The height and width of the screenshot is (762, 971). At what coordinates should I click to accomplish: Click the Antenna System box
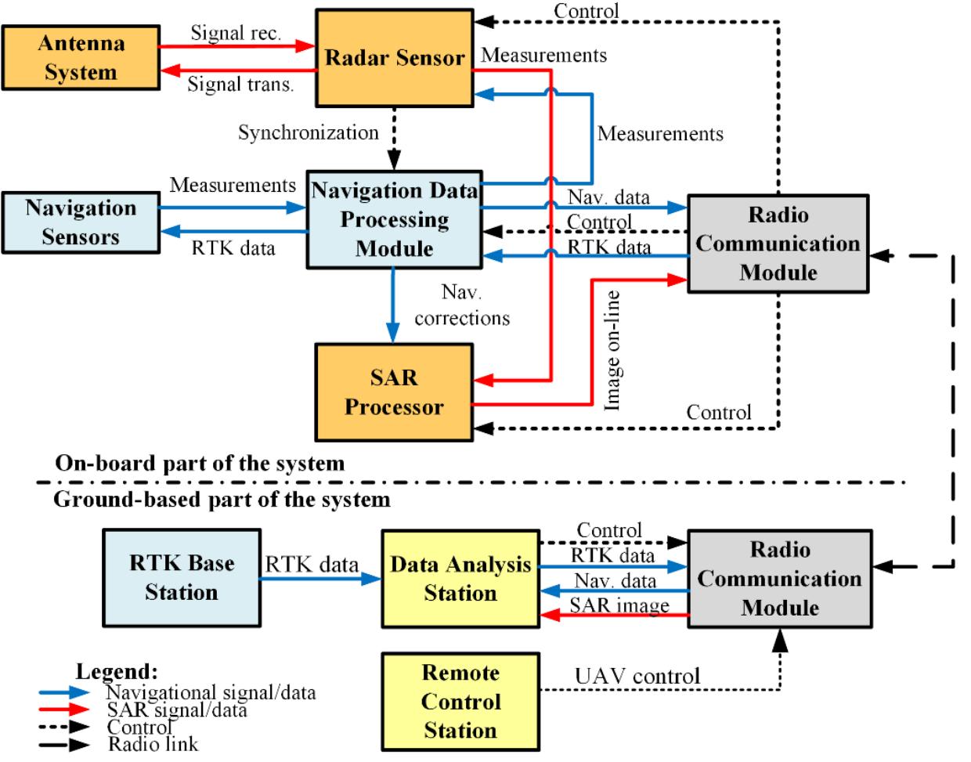[x=80, y=58]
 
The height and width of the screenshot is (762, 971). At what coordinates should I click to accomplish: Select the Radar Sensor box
[x=394, y=58]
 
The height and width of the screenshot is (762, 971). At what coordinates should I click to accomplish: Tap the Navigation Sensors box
[x=80, y=222]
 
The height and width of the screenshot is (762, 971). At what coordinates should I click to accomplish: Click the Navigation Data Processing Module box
[x=394, y=220]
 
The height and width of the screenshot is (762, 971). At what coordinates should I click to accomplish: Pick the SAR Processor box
[x=394, y=392]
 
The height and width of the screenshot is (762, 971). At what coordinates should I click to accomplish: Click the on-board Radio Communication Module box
[x=778, y=244]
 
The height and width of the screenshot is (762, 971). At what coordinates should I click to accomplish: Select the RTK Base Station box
[x=181, y=578]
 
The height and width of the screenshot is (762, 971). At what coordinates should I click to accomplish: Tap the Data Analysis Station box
[x=460, y=579]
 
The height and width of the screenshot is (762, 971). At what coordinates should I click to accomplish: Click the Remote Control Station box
[x=460, y=701]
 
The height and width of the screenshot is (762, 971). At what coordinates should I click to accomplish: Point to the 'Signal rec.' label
[x=236, y=33]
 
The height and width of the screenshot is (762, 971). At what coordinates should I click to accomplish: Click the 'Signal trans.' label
[x=240, y=85]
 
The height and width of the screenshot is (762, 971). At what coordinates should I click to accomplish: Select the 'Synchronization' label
[x=309, y=132]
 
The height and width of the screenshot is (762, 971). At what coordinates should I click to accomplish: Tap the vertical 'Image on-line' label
[x=613, y=350]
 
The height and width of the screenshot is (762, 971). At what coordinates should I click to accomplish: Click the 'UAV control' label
[x=637, y=675]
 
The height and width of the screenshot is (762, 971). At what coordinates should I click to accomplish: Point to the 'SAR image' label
[x=619, y=605]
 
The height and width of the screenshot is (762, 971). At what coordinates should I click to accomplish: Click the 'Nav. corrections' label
[x=462, y=306]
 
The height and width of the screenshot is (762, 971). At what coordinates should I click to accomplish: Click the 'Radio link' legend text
[x=153, y=744]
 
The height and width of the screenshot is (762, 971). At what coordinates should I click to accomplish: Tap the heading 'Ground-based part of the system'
[x=221, y=499]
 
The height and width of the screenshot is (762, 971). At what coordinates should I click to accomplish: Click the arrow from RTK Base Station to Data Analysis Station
[x=321, y=580]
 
